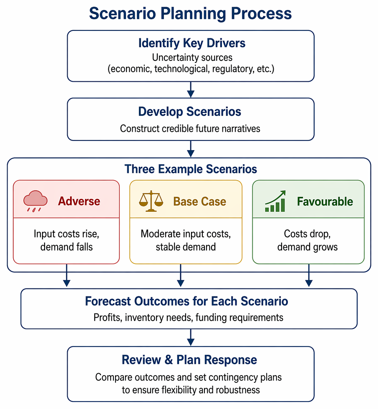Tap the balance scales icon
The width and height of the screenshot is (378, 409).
[x=151, y=201]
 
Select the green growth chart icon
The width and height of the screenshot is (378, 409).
[x=275, y=201]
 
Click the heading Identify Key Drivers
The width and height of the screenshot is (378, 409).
[x=192, y=43]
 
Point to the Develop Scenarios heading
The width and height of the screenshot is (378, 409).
[x=190, y=112]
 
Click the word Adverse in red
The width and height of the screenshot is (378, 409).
[x=79, y=201]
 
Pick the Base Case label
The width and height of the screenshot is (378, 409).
[x=200, y=201]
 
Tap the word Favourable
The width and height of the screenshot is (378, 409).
[x=325, y=201]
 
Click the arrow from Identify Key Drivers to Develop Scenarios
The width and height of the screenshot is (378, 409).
[x=191, y=90]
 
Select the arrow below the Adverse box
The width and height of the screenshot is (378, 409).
[x=67, y=275]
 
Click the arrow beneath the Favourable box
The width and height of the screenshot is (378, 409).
[x=309, y=275]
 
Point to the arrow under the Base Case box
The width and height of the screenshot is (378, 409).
[x=181, y=275]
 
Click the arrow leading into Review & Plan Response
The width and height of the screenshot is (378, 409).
[x=191, y=337]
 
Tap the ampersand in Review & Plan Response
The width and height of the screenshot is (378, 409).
[x=169, y=360]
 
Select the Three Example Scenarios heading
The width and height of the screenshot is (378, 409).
[x=191, y=169]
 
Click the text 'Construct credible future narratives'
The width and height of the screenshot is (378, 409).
[x=190, y=128]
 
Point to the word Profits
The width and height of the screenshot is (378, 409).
[x=108, y=317]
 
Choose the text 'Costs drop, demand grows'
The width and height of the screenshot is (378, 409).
[x=307, y=240]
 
